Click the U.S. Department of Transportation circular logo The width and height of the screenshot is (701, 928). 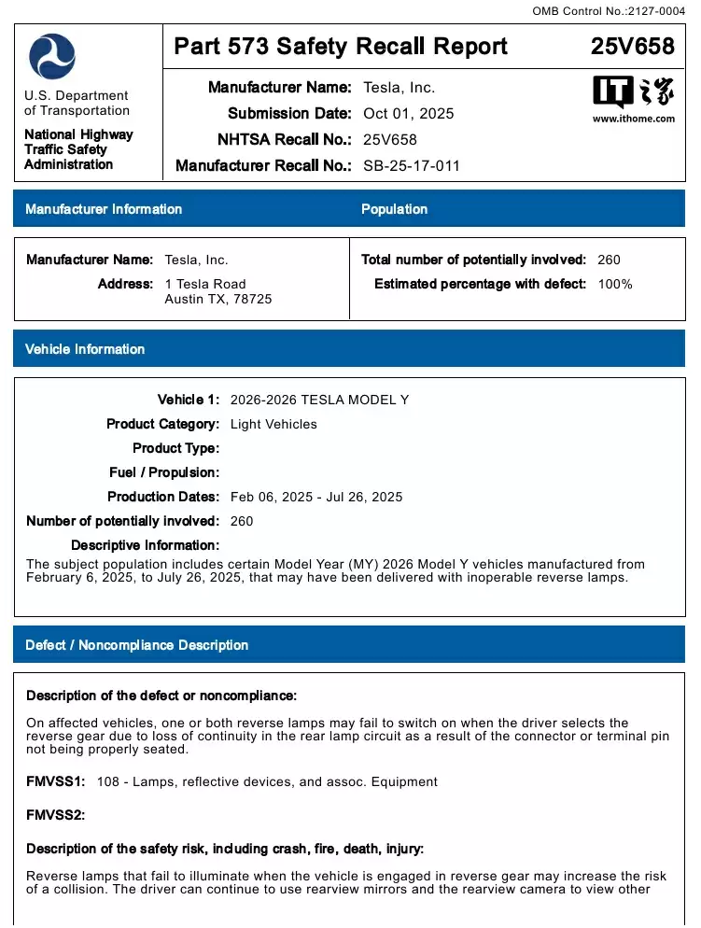[x=52, y=56]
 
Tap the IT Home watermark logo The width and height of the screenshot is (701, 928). [x=633, y=93]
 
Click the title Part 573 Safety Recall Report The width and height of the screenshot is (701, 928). [x=341, y=47]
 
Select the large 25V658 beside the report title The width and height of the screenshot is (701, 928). [x=632, y=47]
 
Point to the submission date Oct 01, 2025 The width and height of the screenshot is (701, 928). [x=408, y=114]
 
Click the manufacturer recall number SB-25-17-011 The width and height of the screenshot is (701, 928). [x=411, y=166]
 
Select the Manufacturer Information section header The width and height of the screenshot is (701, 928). [x=104, y=209]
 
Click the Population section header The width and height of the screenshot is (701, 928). [x=394, y=209]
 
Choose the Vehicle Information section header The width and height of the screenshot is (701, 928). [x=85, y=349]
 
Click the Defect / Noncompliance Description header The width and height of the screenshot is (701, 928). [x=136, y=645]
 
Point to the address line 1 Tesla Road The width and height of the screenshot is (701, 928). [x=205, y=284]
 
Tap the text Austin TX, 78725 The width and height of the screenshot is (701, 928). [x=218, y=300]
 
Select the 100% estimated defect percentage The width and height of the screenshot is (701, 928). [x=615, y=284]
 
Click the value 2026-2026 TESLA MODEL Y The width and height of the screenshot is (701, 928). [x=319, y=400]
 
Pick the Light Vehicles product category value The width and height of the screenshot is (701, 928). [x=273, y=424]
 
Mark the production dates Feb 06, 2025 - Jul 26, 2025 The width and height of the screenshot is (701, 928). [x=316, y=497]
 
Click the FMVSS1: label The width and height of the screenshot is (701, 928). [x=56, y=781]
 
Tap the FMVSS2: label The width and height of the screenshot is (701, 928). [x=56, y=815]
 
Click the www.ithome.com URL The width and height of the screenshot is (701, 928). [x=633, y=120]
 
